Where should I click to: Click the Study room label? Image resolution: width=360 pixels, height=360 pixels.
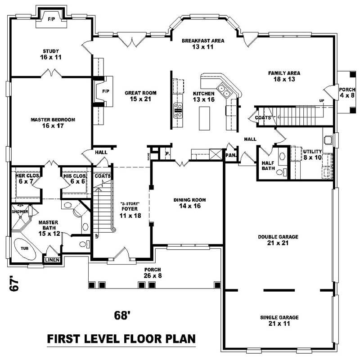point(51,54)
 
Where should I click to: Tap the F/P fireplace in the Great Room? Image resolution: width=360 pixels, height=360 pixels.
point(105,91)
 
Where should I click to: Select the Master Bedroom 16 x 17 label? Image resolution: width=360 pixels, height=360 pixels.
point(53,122)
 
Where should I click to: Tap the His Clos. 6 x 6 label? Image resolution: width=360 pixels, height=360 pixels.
point(74,178)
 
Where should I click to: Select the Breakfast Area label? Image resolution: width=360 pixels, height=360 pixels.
point(203,44)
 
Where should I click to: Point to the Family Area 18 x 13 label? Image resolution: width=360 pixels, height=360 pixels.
point(284,76)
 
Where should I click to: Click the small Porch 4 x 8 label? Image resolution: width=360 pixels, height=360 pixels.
point(346,93)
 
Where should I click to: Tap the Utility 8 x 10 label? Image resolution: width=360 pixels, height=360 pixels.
point(312,154)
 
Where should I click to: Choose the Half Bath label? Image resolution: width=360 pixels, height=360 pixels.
point(269,166)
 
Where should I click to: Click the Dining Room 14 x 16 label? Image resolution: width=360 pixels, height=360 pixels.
point(187,203)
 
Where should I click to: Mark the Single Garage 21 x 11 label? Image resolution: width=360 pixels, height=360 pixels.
point(279,320)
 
